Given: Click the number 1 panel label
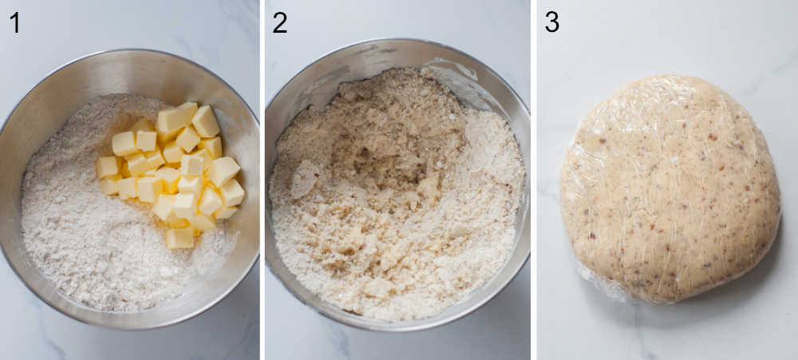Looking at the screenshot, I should (14, 22).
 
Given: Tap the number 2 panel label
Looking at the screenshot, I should (279, 22).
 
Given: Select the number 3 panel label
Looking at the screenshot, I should (551, 22).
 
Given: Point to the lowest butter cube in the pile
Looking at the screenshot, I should (180, 238).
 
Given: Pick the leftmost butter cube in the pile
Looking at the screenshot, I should (107, 167).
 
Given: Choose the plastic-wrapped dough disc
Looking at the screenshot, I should (670, 188).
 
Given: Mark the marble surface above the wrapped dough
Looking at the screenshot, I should (670, 36).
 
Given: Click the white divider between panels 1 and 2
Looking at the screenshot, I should (262, 180).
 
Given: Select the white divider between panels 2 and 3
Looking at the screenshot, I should (533, 180).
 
